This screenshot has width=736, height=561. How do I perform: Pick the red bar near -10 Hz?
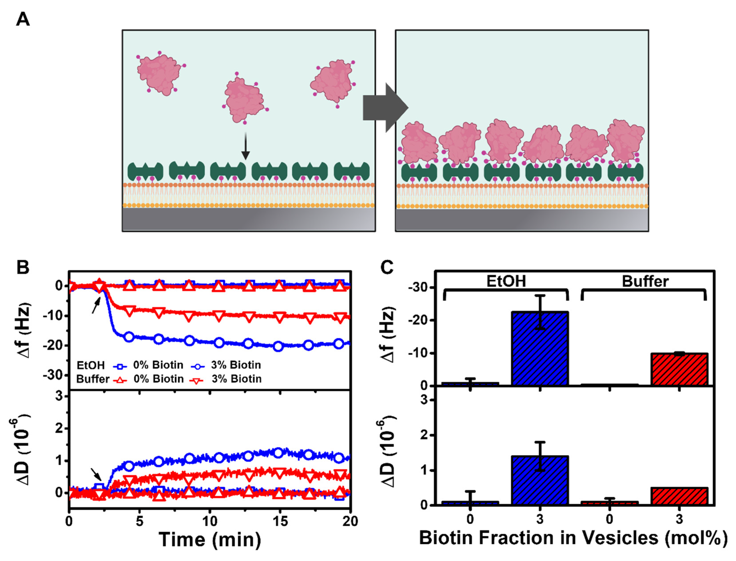click(x=679, y=369)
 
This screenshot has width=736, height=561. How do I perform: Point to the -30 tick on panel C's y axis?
click(x=419, y=287)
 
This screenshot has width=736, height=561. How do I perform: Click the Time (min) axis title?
click(x=210, y=539)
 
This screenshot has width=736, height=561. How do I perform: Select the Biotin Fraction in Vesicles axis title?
click(x=573, y=538)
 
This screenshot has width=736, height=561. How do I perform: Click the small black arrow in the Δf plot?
click(x=96, y=305)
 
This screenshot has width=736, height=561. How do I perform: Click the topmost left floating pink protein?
click(x=159, y=74)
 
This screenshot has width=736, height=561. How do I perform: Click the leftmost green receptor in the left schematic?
click(x=145, y=171)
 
